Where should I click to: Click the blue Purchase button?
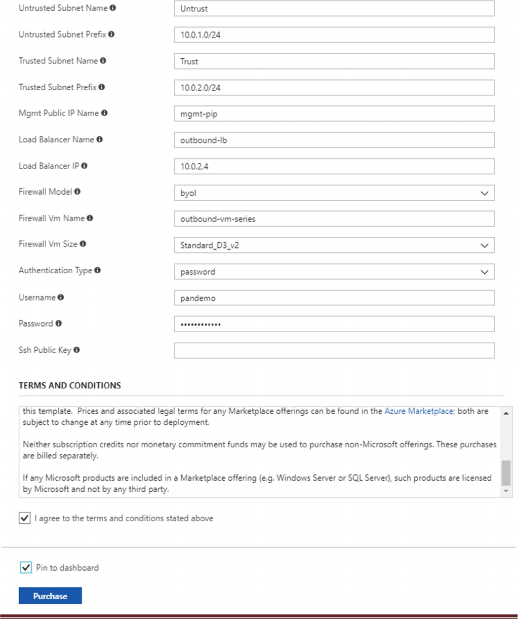(x=50, y=596)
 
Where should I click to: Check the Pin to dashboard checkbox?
(x=26, y=567)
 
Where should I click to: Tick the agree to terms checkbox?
(x=24, y=518)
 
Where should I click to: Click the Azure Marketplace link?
(x=418, y=411)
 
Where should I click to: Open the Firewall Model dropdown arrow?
(x=484, y=193)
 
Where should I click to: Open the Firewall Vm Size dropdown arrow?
(x=484, y=245)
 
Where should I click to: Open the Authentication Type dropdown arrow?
(x=484, y=272)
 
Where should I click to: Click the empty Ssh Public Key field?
(x=334, y=350)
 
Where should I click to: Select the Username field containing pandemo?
(x=198, y=298)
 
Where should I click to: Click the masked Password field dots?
(x=201, y=324)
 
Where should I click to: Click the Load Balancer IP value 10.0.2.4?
(x=194, y=166)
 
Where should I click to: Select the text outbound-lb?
(x=204, y=140)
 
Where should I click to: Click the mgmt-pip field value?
(x=199, y=114)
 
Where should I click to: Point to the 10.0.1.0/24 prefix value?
(x=201, y=35)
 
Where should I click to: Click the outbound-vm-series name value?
(x=218, y=219)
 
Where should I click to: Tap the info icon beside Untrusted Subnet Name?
(x=113, y=8)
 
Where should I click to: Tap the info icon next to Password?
(x=59, y=323)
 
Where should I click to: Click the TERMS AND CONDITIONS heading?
(x=70, y=385)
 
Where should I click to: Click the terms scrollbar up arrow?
(x=506, y=413)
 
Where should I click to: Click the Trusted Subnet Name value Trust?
(x=189, y=61)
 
